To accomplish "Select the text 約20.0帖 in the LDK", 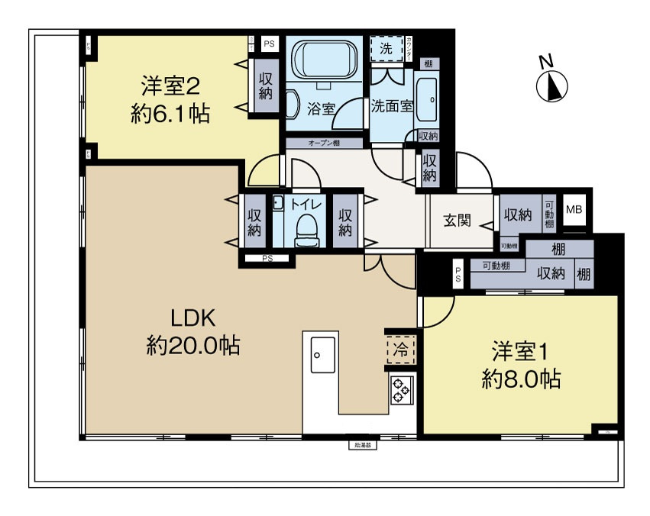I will pos(193,346).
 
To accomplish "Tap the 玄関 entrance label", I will pos(457,221).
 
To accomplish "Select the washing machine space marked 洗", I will pos(386,47).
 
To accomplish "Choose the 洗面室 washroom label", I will pos(392,106).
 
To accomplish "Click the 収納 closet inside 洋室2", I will pos(265,85).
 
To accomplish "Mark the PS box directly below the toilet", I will pos(267,259).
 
